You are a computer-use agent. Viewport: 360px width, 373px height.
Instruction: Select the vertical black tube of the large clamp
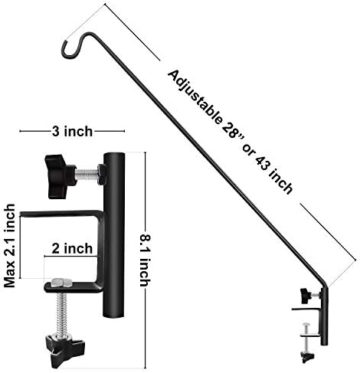click(x=114, y=230)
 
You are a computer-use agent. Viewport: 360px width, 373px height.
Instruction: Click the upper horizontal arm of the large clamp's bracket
click(x=61, y=213)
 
